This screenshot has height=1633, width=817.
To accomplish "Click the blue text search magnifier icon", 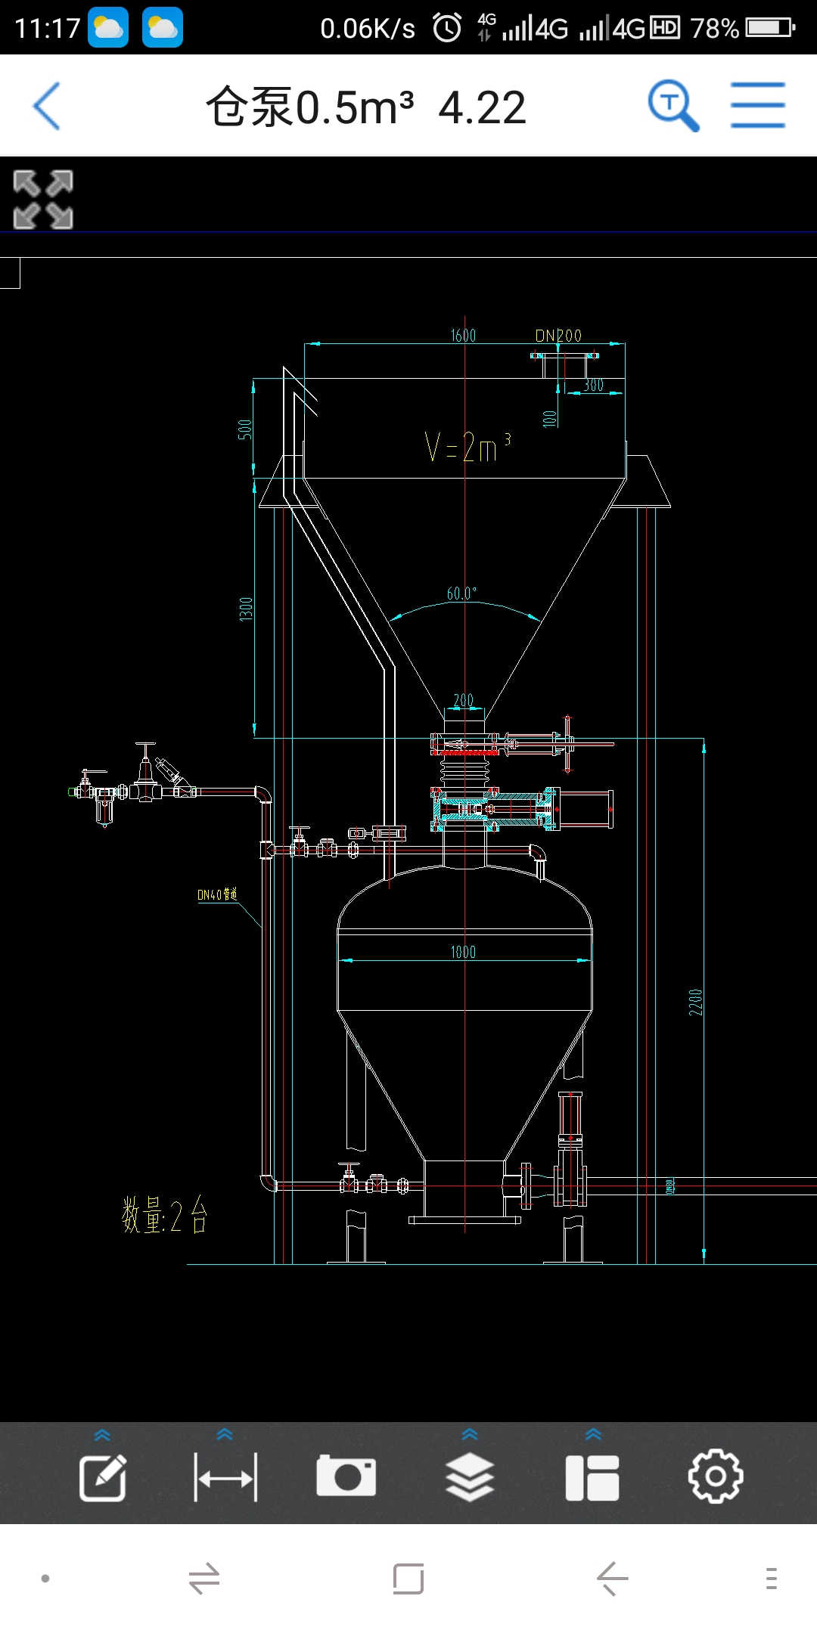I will coord(673,106).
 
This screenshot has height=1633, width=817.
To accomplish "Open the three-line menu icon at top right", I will coord(757,106).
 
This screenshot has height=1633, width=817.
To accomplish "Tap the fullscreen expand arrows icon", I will coord(43,199).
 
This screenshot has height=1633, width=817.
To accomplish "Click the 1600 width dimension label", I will coord(463,336).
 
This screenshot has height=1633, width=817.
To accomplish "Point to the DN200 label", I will coord(558,336).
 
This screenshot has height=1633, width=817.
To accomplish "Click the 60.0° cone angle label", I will coord(461,593).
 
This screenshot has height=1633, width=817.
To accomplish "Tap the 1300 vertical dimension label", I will coord(246,609).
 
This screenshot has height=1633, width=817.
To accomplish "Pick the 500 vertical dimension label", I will coord(245,429).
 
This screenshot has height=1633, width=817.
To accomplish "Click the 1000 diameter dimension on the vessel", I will coord(463,952).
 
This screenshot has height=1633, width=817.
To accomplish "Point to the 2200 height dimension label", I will coord(695,1002).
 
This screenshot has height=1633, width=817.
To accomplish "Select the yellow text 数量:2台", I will coord(164,1216).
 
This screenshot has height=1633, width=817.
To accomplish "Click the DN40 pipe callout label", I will coord(217,894).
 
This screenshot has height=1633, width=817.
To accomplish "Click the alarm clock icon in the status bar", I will coord(447,29).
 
